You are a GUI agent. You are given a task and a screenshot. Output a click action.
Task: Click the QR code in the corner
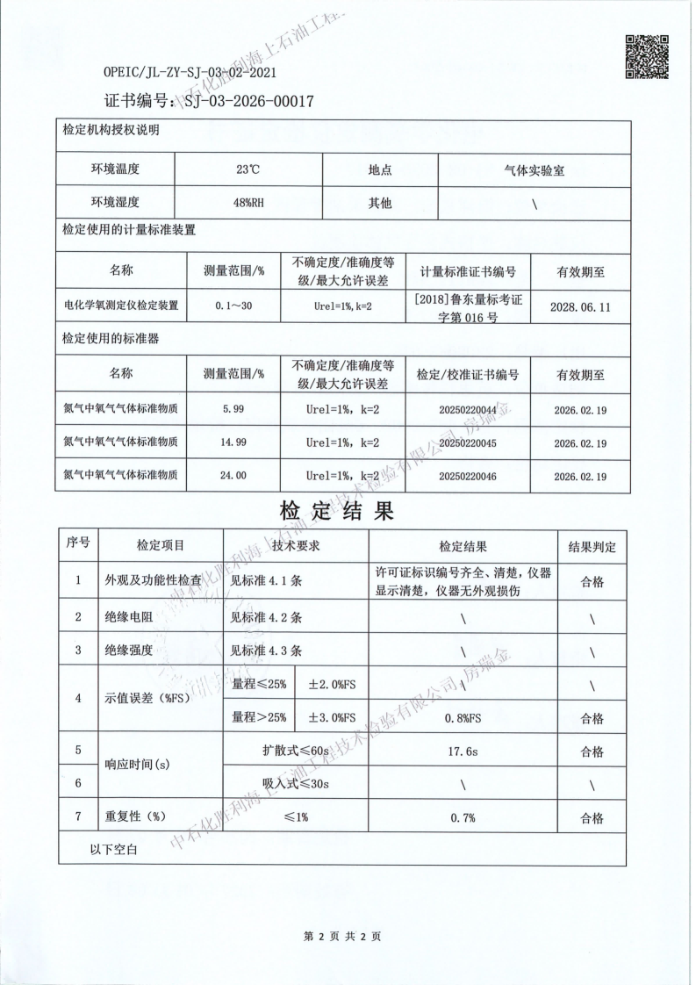(647, 56)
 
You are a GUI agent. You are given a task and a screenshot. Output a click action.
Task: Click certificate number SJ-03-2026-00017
(248, 101)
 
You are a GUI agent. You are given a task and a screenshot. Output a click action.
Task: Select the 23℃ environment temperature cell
(248, 170)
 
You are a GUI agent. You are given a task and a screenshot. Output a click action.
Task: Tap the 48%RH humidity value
(248, 203)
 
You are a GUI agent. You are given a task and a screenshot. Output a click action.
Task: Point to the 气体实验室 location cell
(535, 170)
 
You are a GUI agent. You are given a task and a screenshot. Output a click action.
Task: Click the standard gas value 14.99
(233, 442)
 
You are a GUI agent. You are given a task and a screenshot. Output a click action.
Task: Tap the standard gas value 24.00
(233, 475)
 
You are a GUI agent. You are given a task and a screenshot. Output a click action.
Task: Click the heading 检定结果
(337, 510)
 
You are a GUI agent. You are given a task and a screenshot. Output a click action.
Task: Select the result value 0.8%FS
(462, 718)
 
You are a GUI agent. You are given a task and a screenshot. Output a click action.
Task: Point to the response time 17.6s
(462, 751)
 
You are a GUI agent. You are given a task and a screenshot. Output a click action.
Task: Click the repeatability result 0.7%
(462, 817)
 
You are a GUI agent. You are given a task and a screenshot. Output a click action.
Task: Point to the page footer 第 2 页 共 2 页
(342, 937)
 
